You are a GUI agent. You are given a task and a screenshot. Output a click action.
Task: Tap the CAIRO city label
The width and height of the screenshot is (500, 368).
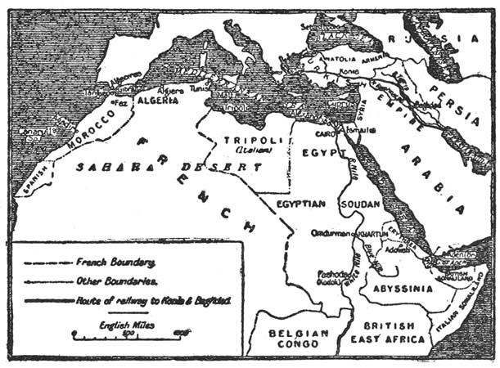(x=325, y=131)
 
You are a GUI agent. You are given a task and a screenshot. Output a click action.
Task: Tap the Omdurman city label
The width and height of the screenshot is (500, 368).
(x=331, y=233)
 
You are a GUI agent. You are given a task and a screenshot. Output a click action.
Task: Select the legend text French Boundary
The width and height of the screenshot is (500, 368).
(x=116, y=263)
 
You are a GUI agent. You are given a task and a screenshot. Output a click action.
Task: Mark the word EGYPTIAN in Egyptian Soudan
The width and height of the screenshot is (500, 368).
(x=303, y=203)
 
